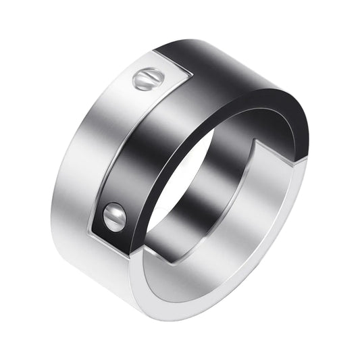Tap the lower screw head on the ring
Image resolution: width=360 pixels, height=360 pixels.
[114, 217]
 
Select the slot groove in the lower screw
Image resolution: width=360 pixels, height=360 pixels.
[114, 217]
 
